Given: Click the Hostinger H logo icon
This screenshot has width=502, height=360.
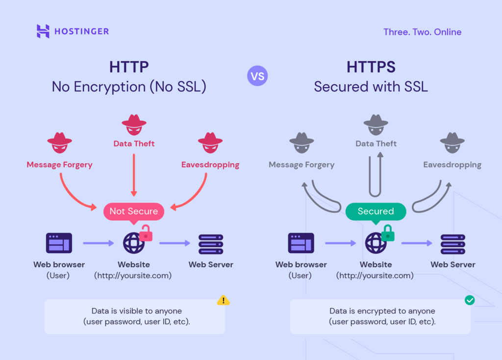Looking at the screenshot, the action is pyautogui.click(x=43, y=31).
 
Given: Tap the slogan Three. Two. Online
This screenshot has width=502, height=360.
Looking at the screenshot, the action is pyautogui.click(x=422, y=32).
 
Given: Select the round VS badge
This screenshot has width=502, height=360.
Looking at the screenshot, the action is pyautogui.click(x=257, y=76).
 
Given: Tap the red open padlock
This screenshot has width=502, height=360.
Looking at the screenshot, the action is pyautogui.click(x=146, y=233).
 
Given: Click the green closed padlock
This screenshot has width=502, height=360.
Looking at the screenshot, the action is pyautogui.click(x=388, y=233).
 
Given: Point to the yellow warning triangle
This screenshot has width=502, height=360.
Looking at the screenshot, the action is pyautogui.click(x=223, y=300).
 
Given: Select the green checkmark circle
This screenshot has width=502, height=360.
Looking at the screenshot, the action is pyautogui.click(x=470, y=300).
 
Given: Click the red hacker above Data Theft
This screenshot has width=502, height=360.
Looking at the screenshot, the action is pyautogui.click(x=134, y=125).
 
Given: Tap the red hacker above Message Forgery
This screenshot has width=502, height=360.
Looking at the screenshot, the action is pyautogui.click(x=59, y=143).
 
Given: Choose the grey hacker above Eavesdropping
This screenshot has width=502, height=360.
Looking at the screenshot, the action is pyautogui.click(x=452, y=143).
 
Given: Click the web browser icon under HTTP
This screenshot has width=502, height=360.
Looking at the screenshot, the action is pyautogui.click(x=59, y=243).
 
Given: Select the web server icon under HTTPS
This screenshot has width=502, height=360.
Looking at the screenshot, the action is pyautogui.click(x=452, y=244).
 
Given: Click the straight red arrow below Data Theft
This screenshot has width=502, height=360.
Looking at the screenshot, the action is pyautogui.click(x=134, y=175).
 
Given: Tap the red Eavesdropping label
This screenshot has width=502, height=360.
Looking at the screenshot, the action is pyautogui.click(x=210, y=165).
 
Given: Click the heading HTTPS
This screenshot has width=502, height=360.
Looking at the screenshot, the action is pyautogui.click(x=371, y=67).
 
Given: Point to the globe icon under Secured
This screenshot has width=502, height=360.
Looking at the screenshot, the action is pyautogui.click(x=375, y=243).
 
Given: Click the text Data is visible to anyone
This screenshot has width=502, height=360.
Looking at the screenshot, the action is pyautogui.click(x=137, y=311).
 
